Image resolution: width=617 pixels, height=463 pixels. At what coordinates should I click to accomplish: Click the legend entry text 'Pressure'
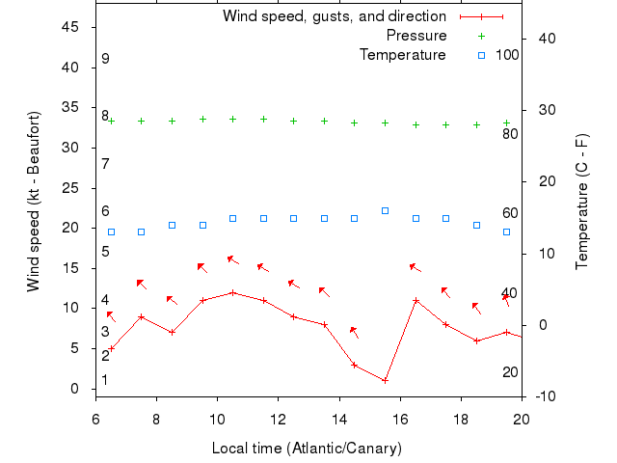point(416,36)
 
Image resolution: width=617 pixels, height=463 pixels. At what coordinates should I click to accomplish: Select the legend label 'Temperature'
point(403,55)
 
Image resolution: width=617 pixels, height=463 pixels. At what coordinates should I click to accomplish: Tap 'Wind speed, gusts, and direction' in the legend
point(335,16)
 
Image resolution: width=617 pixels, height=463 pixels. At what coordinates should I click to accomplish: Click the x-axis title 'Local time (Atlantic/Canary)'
point(307,449)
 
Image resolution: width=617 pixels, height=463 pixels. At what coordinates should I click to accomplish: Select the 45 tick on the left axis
point(70,27)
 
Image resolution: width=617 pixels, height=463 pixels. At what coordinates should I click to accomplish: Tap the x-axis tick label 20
point(522,419)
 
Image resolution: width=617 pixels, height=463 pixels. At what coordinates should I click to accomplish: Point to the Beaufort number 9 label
point(105,59)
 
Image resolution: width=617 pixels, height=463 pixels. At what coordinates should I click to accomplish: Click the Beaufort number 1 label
point(105,380)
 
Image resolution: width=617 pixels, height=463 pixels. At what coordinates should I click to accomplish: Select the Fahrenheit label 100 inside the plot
point(507,55)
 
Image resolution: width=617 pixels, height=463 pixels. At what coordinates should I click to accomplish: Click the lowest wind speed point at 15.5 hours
point(385,380)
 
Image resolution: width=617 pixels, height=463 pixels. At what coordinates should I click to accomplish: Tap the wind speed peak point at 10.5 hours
point(232,292)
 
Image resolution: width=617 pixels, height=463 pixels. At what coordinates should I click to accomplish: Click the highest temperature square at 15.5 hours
point(385,210)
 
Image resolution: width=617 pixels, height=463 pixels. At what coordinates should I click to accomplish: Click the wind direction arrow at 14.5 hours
point(354,332)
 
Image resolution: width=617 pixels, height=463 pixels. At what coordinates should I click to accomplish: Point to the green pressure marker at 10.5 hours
point(232,120)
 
